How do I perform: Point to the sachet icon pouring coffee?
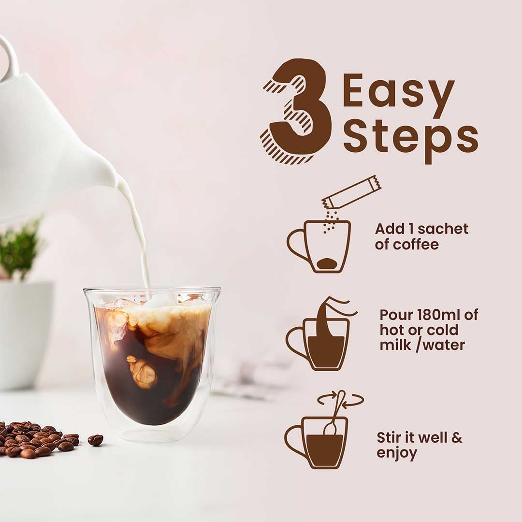352,192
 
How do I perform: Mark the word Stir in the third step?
388,438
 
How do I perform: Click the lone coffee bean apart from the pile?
95,440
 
